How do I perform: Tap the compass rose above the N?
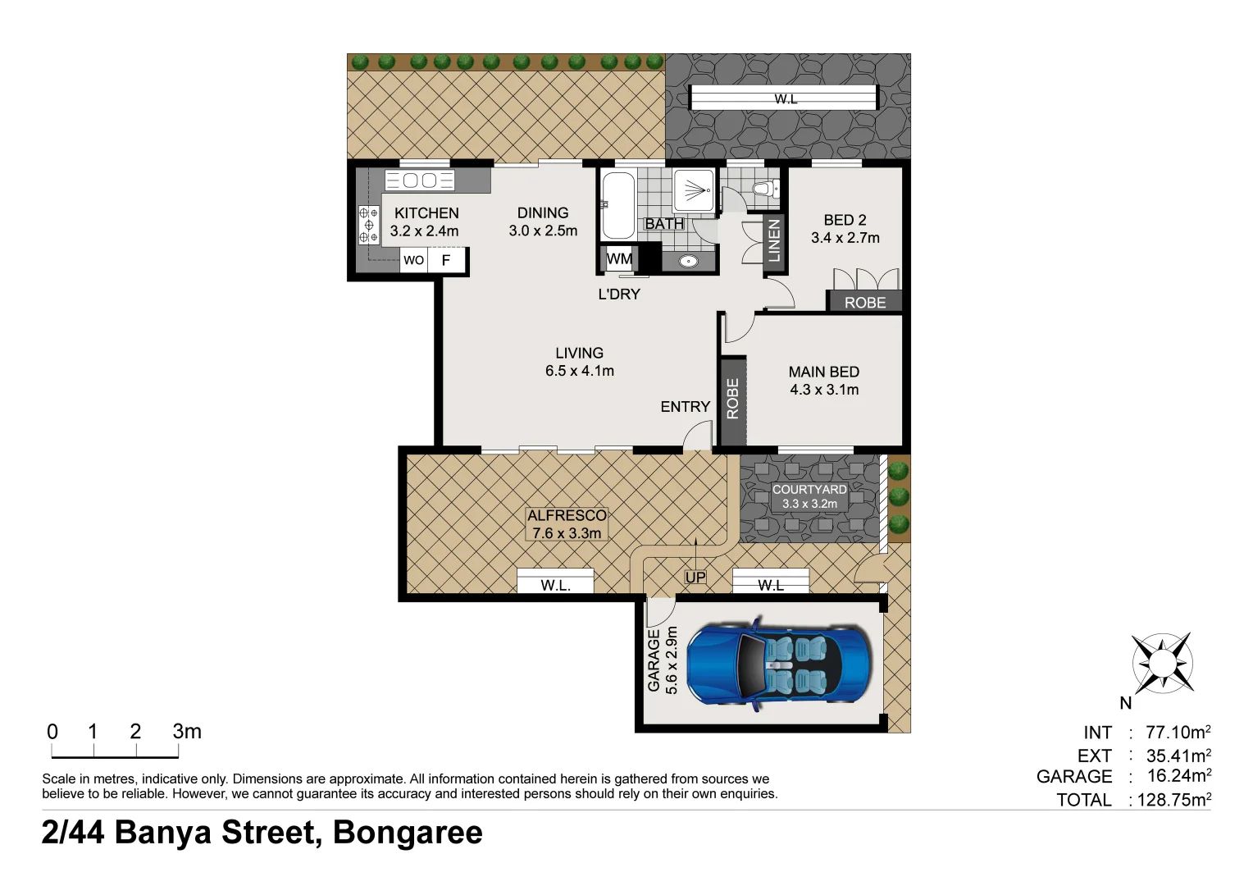tap(1162, 663)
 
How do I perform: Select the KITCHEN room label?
tap(426, 213)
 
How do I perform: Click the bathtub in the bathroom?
tap(617, 204)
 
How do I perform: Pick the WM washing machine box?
tap(619, 259)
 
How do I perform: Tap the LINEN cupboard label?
tap(773, 241)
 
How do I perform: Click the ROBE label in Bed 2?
tap(864, 303)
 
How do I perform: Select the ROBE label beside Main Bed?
tap(732, 400)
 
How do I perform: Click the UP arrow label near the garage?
tap(695, 578)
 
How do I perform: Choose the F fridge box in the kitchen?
tap(446, 260)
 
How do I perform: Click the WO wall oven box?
tap(414, 260)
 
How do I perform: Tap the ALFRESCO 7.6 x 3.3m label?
tap(567, 524)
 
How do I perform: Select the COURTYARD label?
tap(809, 490)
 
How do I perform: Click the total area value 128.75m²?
tap(1173, 800)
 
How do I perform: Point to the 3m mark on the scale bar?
tap(186, 732)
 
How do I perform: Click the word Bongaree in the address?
tap(408, 833)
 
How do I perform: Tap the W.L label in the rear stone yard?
tap(785, 99)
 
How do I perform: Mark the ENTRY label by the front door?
tap(685, 407)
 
